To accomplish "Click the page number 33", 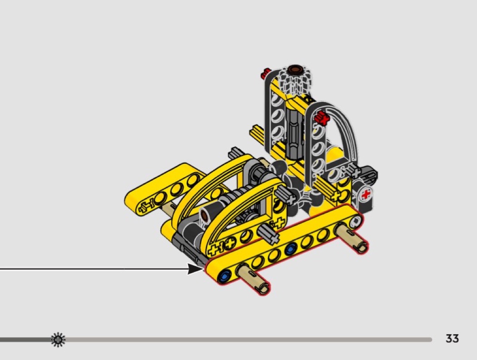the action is point(452,338).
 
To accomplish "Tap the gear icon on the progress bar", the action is point(58,340).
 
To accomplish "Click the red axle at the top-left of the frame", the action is point(265,73).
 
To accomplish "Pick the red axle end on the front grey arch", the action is point(322,118).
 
